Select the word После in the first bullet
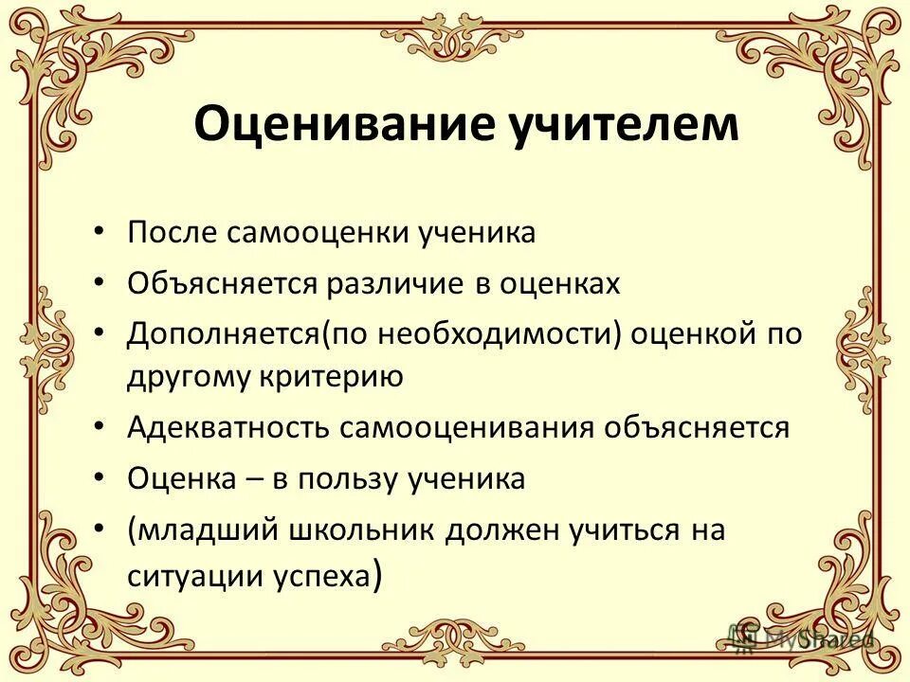[x=173, y=233]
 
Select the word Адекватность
[x=227, y=428]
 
